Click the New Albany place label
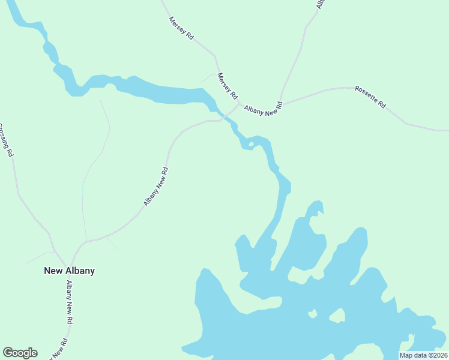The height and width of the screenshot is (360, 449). pyautogui.click(x=69, y=271)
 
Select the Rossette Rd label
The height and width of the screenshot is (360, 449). pyautogui.click(x=370, y=97)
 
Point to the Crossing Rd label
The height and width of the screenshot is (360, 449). pyautogui.click(x=5, y=140)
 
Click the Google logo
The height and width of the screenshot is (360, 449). pyautogui.click(x=20, y=353)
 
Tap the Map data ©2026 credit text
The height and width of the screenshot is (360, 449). pyautogui.click(x=423, y=355)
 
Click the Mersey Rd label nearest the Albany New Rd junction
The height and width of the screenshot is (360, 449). pyautogui.click(x=228, y=86)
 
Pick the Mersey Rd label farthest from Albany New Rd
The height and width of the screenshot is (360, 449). pyautogui.click(x=181, y=28)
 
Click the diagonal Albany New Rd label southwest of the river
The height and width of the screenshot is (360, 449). pyautogui.click(x=156, y=187)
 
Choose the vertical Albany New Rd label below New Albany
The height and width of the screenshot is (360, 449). pyautogui.click(x=70, y=303)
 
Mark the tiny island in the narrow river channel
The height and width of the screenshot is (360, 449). pyautogui.click(x=251, y=144)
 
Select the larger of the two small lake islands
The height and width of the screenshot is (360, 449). pyautogui.click(x=337, y=315)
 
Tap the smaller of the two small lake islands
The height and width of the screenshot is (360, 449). pyautogui.click(x=312, y=313)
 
